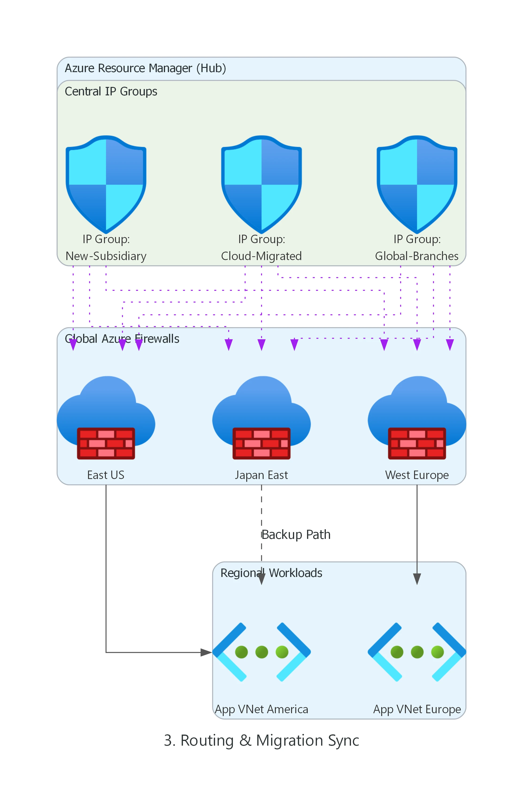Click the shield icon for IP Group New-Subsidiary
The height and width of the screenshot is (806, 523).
tap(106, 185)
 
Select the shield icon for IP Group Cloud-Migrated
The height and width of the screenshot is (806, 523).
tap(261, 185)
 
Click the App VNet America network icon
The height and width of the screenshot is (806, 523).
tap(261, 652)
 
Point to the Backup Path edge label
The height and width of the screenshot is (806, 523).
tap(296, 535)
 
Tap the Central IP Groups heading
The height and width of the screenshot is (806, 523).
tap(111, 91)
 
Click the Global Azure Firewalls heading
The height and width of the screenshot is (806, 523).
tap(122, 339)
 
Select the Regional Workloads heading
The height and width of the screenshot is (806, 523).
tap(271, 573)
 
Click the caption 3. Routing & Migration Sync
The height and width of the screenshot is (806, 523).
tap(261, 740)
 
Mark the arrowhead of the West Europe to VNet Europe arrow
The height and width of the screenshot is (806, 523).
tap(417, 579)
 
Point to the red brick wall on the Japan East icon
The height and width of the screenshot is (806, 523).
tap(261, 443)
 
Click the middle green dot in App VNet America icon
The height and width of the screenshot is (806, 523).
tap(261, 652)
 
